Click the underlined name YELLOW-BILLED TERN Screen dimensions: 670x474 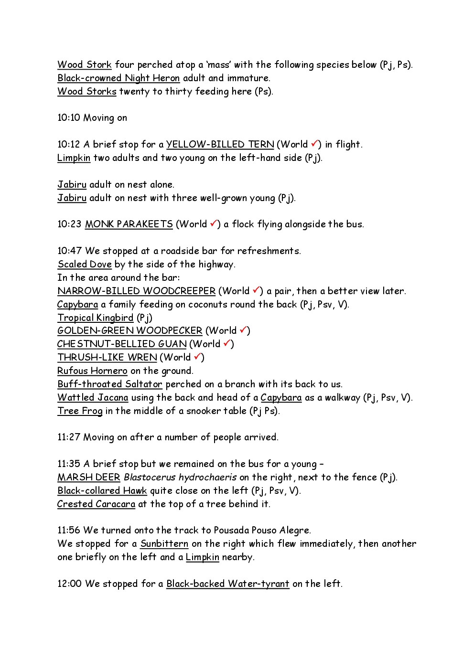220,144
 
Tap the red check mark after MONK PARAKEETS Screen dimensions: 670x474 214,223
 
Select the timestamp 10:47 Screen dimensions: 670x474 69,251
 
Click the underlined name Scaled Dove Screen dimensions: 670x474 85,264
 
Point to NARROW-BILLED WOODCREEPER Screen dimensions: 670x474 136,291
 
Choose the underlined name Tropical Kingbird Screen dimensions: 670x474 96,318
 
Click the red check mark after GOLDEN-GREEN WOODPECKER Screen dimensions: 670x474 243,330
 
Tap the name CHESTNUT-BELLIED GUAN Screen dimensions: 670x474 122,344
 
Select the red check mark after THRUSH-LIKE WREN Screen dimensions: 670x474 198,357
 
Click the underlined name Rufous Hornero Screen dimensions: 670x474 92,371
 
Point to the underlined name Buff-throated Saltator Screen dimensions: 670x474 110,384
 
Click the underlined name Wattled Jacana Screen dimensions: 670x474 93,397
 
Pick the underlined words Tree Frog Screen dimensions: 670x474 80,411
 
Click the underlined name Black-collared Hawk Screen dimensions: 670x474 102,490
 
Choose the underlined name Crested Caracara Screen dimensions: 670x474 96,504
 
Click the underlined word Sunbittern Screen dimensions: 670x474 164,543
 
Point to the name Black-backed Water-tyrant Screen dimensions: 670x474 227,584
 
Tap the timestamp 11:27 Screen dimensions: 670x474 69,437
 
